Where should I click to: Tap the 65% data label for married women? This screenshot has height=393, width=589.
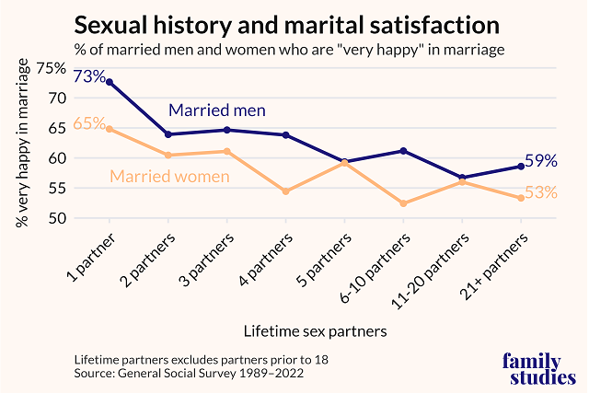coord(88,123)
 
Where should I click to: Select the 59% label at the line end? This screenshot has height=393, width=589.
coord(541,161)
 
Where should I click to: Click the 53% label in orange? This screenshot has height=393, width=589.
coord(541,192)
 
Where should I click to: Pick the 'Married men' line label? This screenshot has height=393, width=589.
coord(216,110)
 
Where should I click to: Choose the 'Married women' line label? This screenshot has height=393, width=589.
coord(169,176)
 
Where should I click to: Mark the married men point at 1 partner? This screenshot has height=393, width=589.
coord(110,82)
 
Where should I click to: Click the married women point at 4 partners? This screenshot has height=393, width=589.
coord(285,191)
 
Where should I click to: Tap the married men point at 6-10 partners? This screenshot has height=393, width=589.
coord(403,151)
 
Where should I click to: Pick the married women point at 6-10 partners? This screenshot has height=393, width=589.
coord(403,203)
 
